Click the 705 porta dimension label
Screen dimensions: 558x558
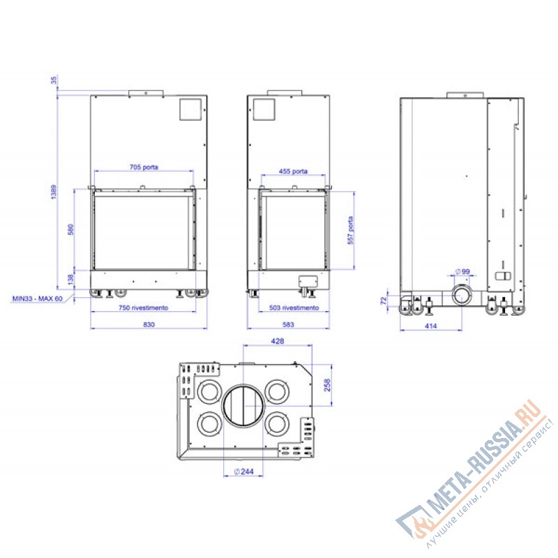click(144, 167)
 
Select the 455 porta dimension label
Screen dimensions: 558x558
click(294, 171)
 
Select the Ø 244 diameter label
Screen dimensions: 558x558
click(243, 472)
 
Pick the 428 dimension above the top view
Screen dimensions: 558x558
click(277, 341)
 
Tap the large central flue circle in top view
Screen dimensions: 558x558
click(243, 406)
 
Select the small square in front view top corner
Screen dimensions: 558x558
click(190, 110)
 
